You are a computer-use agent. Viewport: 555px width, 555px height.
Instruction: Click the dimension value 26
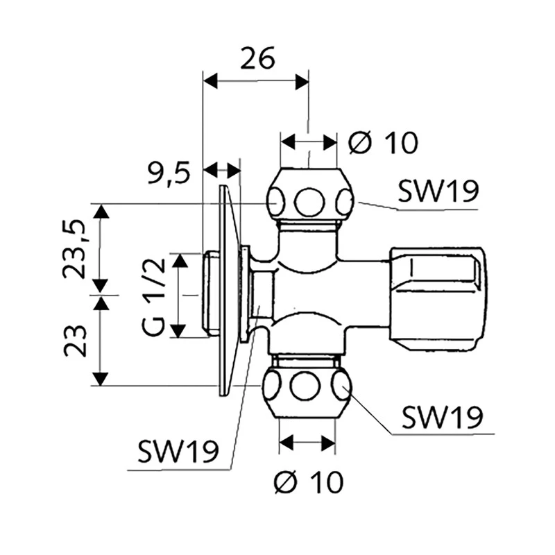[257, 59]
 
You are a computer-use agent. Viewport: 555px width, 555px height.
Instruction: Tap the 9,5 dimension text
[169, 173]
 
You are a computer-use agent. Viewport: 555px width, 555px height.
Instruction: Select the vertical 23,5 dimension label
[74, 248]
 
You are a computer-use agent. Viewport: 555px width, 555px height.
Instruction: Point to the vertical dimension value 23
[74, 340]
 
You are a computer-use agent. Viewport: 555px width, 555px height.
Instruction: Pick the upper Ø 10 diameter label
[383, 144]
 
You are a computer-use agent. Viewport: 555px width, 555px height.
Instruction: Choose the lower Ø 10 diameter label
[308, 481]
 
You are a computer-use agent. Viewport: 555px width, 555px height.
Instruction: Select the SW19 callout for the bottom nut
[441, 418]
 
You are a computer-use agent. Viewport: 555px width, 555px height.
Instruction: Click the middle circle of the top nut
[309, 203]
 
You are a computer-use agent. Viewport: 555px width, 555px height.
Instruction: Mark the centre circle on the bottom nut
[305, 386]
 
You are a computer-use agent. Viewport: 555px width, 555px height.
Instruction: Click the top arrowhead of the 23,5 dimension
[101, 210]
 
